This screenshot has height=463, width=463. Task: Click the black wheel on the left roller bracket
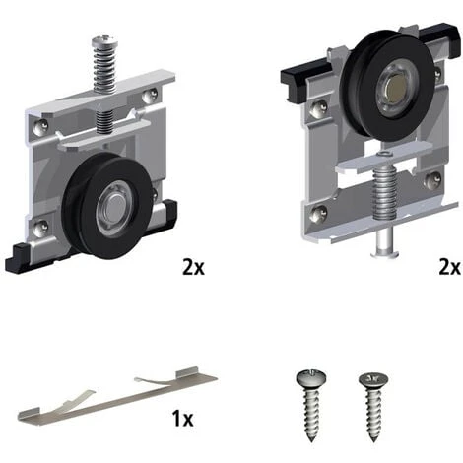(x=108, y=205)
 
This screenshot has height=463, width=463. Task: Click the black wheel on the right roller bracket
(x=387, y=85)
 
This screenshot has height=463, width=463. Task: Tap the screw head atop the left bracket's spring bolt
(x=104, y=41)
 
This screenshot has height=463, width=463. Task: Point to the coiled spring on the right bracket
(x=384, y=193)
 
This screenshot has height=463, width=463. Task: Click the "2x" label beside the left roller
(x=193, y=267)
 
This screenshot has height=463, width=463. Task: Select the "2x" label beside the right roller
(x=449, y=267)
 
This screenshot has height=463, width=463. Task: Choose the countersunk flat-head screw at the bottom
(x=373, y=407)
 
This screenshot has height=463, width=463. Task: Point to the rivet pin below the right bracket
(x=385, y=243)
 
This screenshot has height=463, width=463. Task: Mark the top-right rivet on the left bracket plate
(x=149, y=97)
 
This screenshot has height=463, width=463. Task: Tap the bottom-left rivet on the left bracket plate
(x=41, y=227)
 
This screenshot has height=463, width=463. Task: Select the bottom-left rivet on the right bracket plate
(x=318, y=214)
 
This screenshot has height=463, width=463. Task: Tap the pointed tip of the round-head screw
(x=311, y=440)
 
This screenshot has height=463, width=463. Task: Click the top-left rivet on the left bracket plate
(x=40, y=127)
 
